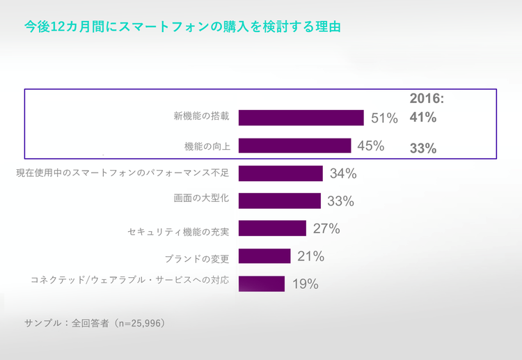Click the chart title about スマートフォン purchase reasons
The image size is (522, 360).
182,28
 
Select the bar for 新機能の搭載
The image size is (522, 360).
301,118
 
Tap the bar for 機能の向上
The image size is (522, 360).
294,146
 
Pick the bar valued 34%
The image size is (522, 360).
280,173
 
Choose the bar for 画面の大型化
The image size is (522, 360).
279,201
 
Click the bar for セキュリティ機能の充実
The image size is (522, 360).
272,228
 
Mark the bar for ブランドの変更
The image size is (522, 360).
264,256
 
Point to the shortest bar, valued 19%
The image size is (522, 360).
262,283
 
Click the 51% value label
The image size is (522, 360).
384,118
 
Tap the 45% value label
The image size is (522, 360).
371,146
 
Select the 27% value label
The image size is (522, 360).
326,228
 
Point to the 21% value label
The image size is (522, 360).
311,256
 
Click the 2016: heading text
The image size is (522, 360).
426,99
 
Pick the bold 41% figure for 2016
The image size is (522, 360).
422,118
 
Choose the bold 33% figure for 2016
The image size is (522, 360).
422,148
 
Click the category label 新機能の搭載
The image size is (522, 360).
201,116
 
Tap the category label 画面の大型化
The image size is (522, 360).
201,199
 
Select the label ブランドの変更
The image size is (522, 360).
197,258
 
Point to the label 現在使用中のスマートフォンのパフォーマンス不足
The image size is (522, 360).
122,172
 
